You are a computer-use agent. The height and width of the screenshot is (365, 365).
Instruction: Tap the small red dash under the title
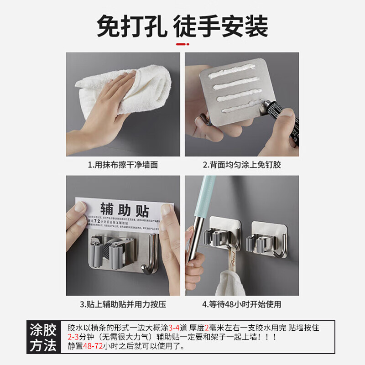(182, 45)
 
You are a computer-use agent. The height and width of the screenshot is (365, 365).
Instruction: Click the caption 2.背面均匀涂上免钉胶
(242, 165)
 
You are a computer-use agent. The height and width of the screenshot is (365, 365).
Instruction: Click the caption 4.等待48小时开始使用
(242, 304)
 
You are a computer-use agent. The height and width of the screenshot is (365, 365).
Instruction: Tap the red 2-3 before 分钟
(73, 337)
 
